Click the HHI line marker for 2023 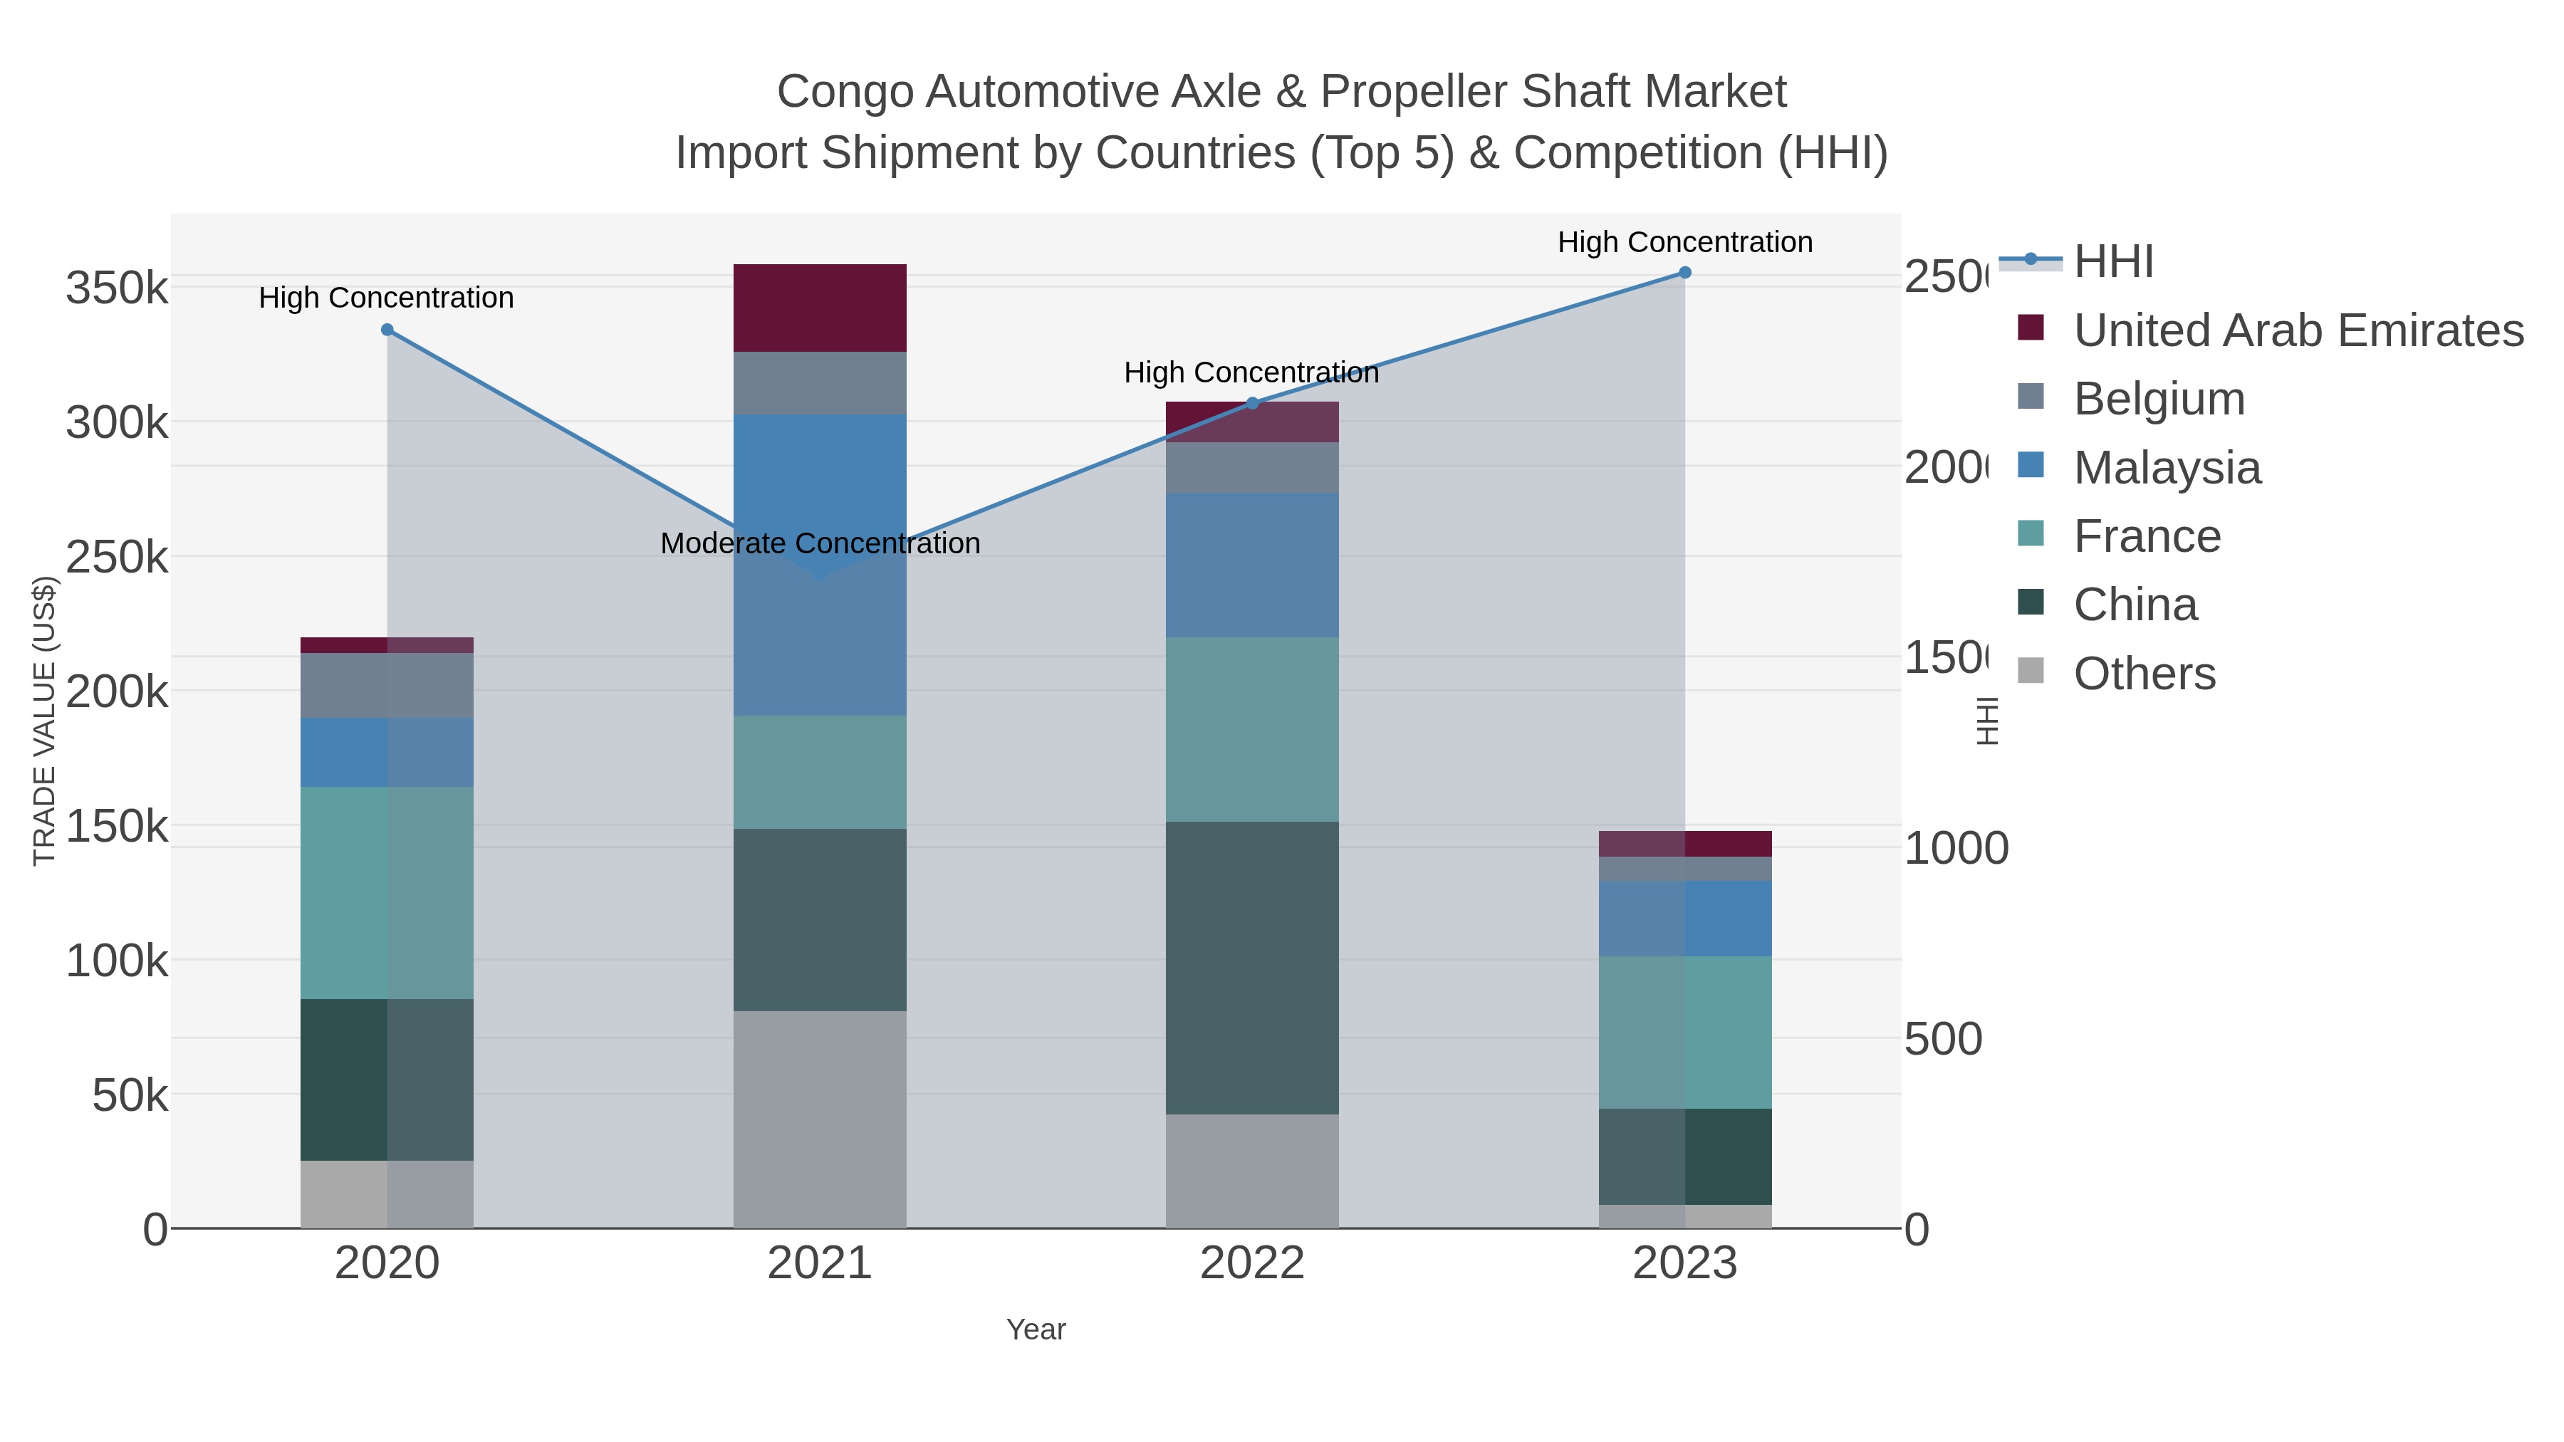click(x=1684, y=273)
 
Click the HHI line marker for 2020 click(x=387, y=330)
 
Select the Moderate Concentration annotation click(x=820, y=543)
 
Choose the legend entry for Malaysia click(x=2167, y=468)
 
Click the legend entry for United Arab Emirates click(x=2297, y=330)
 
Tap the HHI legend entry click(x=2112, y=262)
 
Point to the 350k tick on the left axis click(x=117, y=288)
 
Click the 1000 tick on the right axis click(x=1956, y=849)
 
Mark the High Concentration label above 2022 click(x=1251, y=373)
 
